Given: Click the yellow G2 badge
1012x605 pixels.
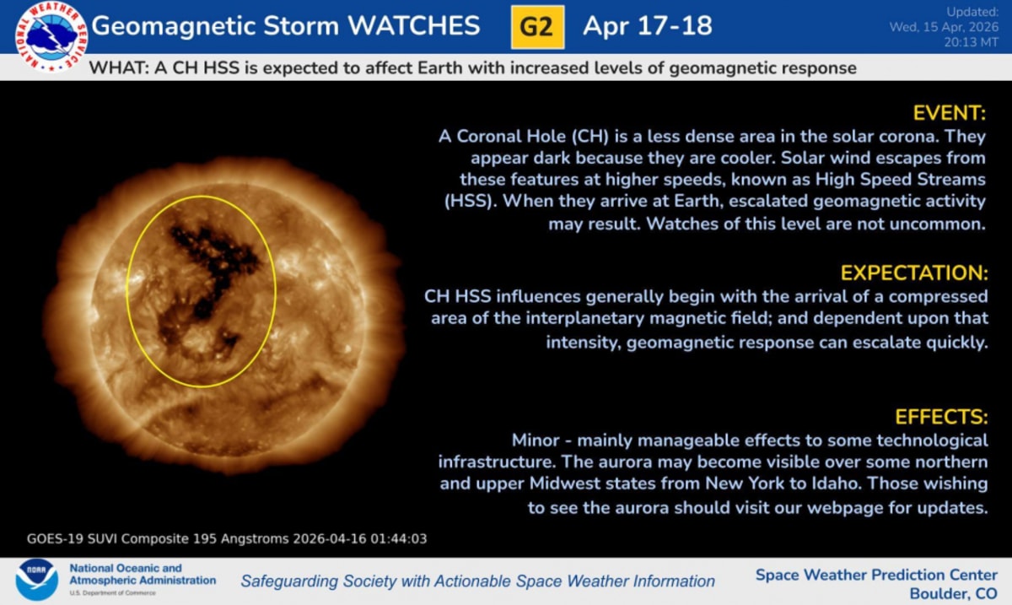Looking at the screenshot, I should (x=537, y=26).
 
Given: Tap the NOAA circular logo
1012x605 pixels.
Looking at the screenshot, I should (x=36, y=581).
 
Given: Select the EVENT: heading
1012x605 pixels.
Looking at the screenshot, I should (x=950, y=113).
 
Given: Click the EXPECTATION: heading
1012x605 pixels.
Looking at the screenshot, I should (x=913, y=273).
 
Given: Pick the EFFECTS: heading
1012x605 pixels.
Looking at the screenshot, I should (x=941, y=417).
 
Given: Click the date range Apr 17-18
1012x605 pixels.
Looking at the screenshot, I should (x=647, y=26).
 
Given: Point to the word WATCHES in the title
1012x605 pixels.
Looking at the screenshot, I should (x=413, y=26).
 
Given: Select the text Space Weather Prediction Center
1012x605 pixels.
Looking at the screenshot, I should (x=876, y=575).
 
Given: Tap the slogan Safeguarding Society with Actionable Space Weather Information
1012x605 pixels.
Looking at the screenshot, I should (x=477, y=581).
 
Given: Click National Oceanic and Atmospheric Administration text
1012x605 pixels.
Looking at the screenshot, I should (x=142, y=575).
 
